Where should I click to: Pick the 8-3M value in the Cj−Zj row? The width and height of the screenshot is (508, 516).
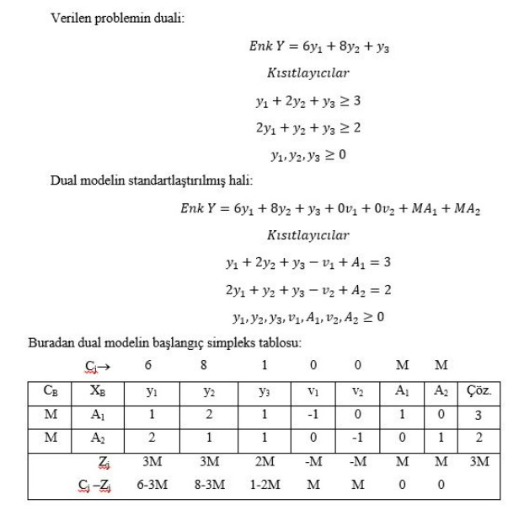pos(211,486)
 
